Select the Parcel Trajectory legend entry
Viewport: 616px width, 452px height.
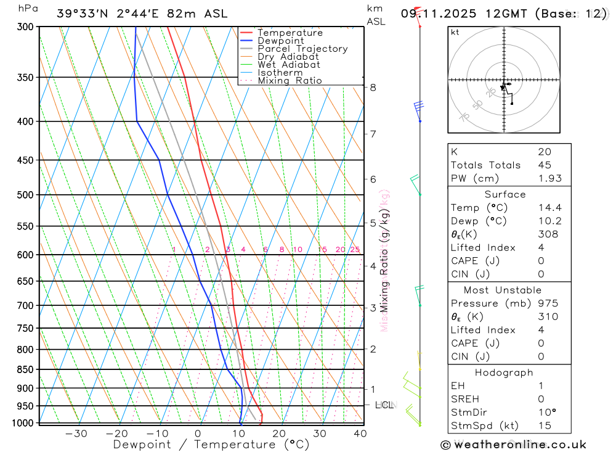[302, 49]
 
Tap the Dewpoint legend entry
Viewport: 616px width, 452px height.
[280, 41]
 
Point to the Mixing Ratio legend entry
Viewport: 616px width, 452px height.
[289, 80]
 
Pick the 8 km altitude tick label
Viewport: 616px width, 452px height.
[373, 87]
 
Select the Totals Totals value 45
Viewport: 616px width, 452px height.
[544, 165]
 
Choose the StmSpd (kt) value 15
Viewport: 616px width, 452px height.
[544, 425]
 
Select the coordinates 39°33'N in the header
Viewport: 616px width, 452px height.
[81, 14]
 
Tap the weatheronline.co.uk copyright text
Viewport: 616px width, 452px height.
[514, 444]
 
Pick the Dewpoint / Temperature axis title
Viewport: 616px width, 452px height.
[211, 444]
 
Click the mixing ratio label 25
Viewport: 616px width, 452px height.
[355, 249]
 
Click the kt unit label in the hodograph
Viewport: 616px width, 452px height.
[455, 32]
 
